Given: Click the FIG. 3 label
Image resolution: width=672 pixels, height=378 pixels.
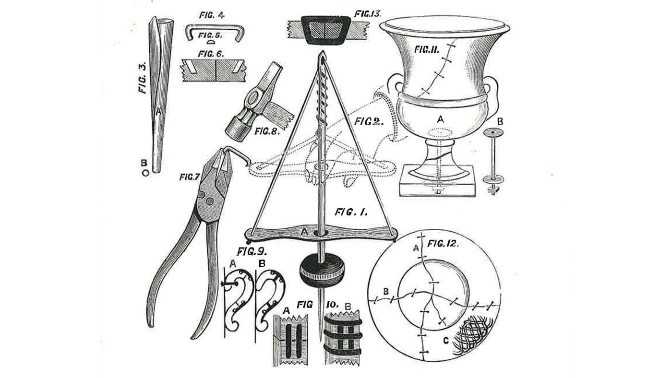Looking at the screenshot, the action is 143,78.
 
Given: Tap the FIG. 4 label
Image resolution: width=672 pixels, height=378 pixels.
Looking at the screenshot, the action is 212,15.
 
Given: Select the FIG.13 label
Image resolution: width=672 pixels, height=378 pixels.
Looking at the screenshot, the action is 367,14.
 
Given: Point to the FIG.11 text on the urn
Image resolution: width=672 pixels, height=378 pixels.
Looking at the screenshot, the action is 427,49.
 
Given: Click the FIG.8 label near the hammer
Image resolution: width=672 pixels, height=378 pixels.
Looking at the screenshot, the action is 267,131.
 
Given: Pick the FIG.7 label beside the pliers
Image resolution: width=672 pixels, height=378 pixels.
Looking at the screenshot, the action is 189,177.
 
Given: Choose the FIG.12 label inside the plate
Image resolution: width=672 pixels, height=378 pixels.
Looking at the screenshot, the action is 443,243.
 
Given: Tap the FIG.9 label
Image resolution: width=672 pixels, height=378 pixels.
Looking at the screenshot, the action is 252,251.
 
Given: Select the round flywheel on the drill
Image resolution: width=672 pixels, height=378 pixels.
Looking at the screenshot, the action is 322,271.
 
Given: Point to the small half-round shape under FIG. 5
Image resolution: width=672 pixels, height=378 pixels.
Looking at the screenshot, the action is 212,42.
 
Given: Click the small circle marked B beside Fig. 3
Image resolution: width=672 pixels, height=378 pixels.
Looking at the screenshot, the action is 145,173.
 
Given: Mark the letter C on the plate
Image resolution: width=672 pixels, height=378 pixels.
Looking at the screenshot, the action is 446,341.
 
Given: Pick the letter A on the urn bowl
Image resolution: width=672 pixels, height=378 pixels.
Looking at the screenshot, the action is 440,119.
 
